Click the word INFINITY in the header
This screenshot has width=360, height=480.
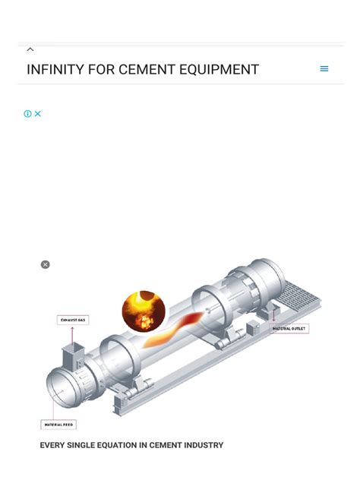coord(53,70)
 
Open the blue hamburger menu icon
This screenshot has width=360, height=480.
coord(324,68)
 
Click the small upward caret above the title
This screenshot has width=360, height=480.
coord(30,49)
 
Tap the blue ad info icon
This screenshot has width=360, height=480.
coord(27,114)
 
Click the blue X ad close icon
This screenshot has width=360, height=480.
coord(37,114)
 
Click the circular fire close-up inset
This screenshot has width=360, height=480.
coord(144,311)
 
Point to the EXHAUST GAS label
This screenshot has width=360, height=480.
coord(74,321)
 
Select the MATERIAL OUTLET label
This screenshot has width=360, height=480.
coord(289,329)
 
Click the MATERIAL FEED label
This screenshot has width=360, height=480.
coord(58,424)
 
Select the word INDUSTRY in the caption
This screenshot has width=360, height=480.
coord(204,445)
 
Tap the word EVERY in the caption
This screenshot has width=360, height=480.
coord(52,445)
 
